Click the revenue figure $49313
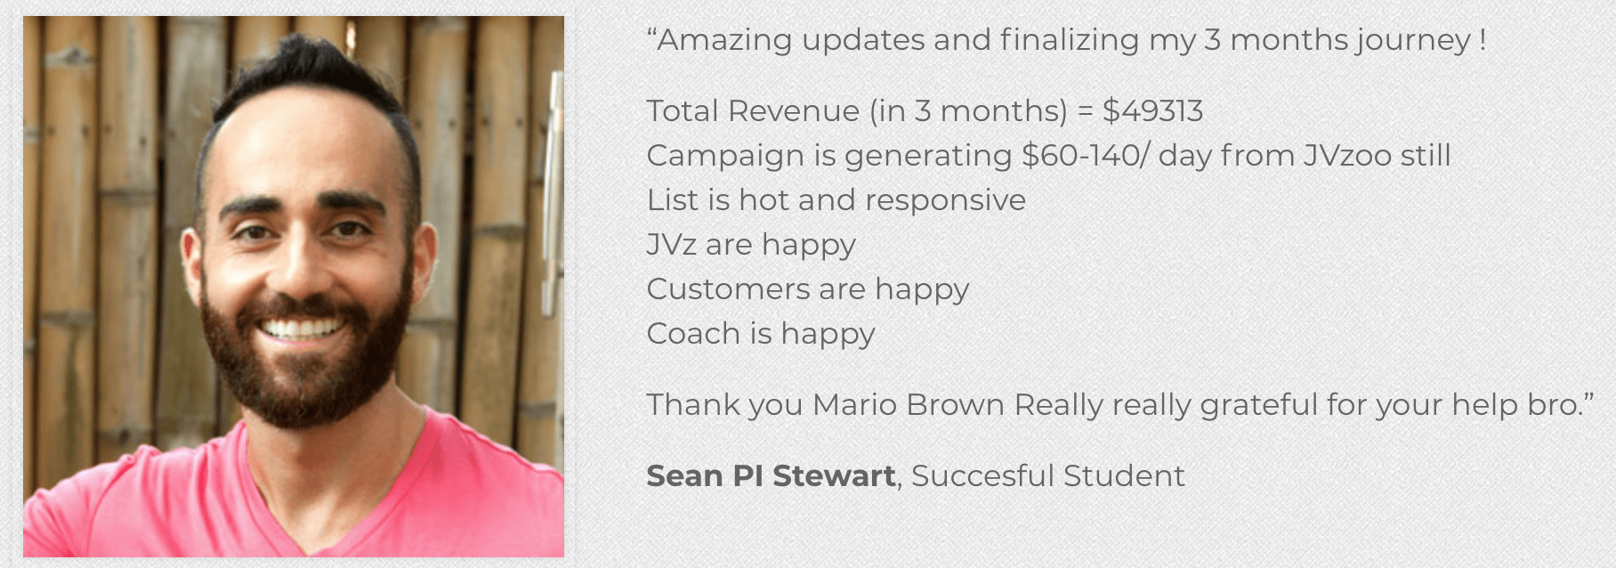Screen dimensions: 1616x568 click(x=1152, y=111)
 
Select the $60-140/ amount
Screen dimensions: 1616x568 click(x=1086, y=156)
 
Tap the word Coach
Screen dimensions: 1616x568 click(x=693, y=334)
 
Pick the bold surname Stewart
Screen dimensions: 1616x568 click(x=834, y=476)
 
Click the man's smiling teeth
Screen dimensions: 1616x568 click(x=301, y=329)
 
